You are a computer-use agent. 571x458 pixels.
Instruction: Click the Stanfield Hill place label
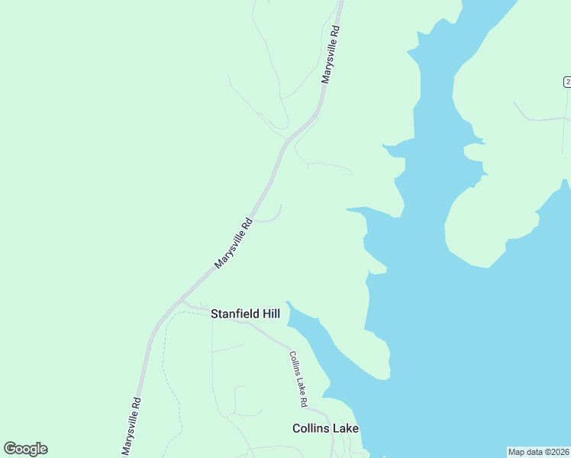coord(245,314)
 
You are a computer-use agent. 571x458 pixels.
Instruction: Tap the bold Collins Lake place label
coord(325,429)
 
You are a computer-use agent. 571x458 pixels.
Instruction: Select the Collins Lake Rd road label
coord(298,379)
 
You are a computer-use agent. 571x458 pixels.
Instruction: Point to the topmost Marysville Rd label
coord(330,55)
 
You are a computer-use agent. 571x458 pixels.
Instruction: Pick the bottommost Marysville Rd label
coord(130,426)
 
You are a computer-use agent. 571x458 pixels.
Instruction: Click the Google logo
coord(25,449)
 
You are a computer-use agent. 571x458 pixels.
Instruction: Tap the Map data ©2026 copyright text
coord(539,451)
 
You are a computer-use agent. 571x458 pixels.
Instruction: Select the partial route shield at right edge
coord(567,82)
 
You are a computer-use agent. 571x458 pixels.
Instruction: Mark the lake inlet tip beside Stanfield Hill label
coord(288,302)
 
